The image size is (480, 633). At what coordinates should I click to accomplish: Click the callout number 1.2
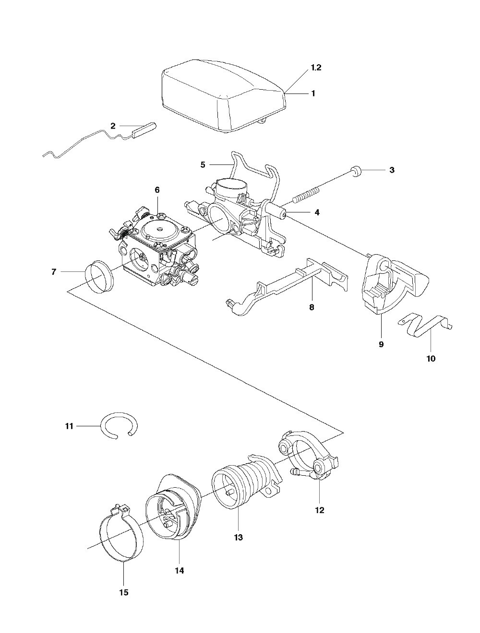coord(316,68)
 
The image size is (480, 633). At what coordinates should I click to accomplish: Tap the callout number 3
coord(392,170)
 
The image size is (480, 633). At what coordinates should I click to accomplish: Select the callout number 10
coord(431,359)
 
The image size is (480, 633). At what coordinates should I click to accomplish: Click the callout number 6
coord(157,190)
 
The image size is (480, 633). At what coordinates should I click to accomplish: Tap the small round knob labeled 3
coord(357,172)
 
